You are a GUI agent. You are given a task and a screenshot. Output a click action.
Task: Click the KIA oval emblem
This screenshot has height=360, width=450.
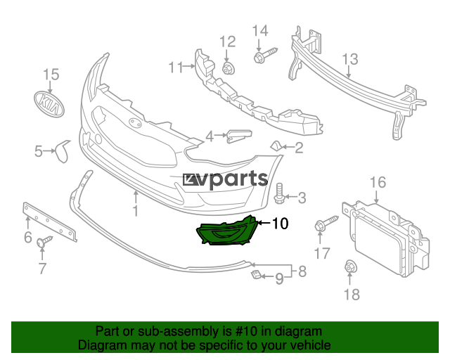click(x=49, y=105)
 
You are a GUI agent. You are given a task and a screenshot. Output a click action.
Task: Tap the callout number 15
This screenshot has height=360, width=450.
click(x=51, y=75)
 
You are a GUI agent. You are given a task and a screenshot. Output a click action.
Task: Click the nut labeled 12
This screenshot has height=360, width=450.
click(x=229, y=68)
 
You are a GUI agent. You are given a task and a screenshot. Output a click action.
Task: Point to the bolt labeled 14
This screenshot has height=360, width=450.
click(x=266, y=56)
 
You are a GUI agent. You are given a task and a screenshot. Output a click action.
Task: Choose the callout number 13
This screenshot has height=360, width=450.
click(x=350, y=59)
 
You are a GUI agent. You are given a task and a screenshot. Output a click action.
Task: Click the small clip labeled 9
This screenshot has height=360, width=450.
click(x=256, y=274)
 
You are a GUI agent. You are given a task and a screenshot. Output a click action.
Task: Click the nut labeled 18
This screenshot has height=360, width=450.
click(x=351, y=266)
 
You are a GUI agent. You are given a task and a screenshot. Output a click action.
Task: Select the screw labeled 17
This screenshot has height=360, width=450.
click(x=326, y=223)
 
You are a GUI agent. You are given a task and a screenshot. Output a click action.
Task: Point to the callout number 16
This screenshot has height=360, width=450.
click(x=378, y=182)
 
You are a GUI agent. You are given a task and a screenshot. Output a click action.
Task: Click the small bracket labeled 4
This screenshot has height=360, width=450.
click(x=239, y=136)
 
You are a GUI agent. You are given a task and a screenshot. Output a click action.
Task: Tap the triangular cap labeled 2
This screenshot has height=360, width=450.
click(x=276, y=146)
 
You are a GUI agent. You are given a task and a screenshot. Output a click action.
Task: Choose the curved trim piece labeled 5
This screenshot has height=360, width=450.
click(x=63, y=150)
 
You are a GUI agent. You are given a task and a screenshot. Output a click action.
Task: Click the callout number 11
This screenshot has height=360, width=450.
click(x=175, y=67)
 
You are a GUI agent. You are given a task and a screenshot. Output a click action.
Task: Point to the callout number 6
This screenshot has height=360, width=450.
click(x=28, y=237)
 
